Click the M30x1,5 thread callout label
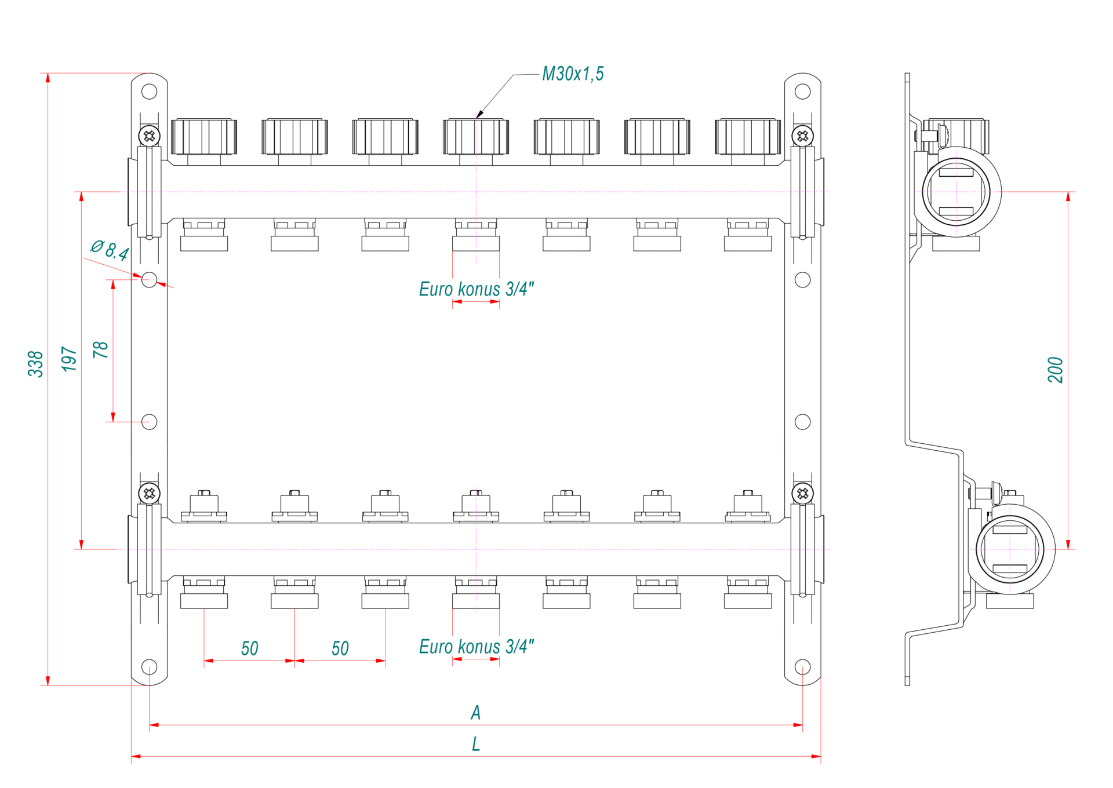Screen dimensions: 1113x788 pyautogui.click(x=573, y=74)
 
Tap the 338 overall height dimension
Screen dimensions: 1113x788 pyautogui.click(x=36, y=364)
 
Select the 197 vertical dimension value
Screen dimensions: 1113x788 pyautogui.click(x=70, y=359)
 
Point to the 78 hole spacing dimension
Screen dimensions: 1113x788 pyautogui.click(x=101, y=349)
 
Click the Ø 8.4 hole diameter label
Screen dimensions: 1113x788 pyautogui.click(x=110, y=250)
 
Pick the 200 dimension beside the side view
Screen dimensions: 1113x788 pyautogui.click(x=1056, y=370)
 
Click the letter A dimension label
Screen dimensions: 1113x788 pyautogui.click(x=476, y=713)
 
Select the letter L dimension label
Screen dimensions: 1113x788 pyautogui.click(x=476, y=744)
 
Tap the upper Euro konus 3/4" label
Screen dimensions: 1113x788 pyautogui.click(x=476, y=289)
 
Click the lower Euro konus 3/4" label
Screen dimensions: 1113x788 pyautogui.click(x=476, y=646)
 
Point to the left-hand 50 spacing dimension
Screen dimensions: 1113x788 pyautogui.click(x=250, y=648)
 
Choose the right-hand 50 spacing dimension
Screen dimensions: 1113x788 pyautogui.click(x=340, y=648)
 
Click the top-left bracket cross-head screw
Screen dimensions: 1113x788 pyautogui.click(x=150, y=136)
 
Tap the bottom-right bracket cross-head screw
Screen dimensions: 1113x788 pyautogui.click(x=803, y=494)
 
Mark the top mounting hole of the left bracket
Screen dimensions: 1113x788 pyautogui.click(x=150, y=92)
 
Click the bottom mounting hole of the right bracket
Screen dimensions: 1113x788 pyautogui.click(x=803, y=667)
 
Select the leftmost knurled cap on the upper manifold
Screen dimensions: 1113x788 pyautogui.click(x=204, y=137)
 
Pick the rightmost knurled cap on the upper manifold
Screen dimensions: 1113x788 pyautogui.click(x=748, y=137)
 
